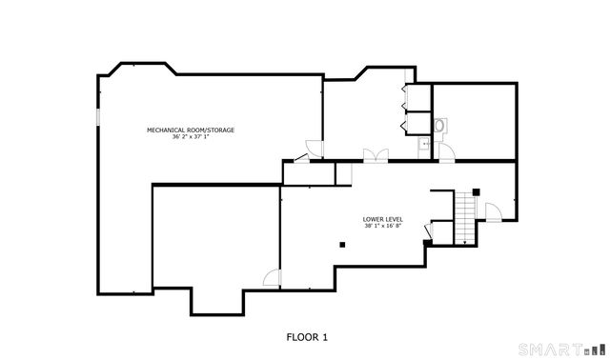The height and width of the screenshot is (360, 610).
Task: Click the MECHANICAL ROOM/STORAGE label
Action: (x=190, y=130)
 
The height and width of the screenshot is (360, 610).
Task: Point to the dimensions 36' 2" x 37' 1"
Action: (x=190, y=137)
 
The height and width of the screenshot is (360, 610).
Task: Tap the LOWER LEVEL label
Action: (x=382, y=219)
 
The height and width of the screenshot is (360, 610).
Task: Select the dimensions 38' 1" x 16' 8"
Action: (x=382, y=227)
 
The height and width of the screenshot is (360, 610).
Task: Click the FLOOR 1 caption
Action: (x=307, y=336)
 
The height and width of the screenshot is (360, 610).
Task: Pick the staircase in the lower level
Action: (x=466, y=216)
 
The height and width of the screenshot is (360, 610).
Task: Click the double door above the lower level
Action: (x=376, y=156)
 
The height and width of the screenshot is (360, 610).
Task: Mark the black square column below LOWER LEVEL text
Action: (x=340, y=243)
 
